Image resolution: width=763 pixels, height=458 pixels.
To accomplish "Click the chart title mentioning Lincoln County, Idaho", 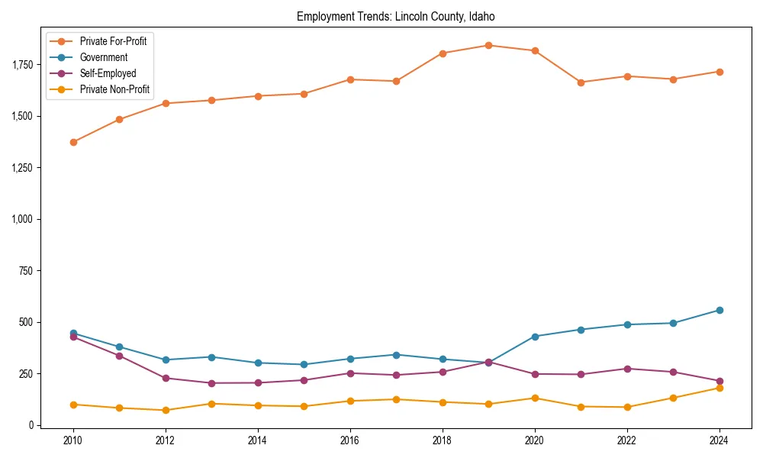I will (x=396, y=16).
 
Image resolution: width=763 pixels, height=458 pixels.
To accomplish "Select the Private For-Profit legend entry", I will (x=113, y=41).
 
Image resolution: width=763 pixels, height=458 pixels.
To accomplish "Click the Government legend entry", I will (x=103, y=57).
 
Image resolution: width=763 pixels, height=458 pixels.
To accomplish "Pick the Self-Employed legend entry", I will (x=108, y=73).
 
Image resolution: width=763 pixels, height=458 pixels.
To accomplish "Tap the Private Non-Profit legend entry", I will (x=114, y=90).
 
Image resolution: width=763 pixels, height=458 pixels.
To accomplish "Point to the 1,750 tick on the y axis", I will (x=24, y=64).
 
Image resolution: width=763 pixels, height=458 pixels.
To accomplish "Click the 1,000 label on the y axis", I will (x=24, y=219).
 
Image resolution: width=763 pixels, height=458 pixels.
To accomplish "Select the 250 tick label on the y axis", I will (x=28, y=374).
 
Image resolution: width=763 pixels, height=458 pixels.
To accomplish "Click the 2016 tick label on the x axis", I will (x=349, y=440).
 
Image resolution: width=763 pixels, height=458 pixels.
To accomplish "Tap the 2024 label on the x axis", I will (x=719, y=440).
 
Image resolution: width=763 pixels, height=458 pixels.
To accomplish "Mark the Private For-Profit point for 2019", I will (x=488, y=45).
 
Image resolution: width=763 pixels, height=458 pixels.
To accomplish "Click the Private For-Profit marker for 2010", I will (x=73, y=142).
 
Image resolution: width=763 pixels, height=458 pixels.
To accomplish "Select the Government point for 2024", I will (x=719, y=310).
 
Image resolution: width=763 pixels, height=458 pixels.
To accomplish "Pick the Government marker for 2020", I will (x=535, y=336).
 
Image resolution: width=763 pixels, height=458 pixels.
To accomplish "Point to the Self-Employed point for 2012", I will (x=166, y=378).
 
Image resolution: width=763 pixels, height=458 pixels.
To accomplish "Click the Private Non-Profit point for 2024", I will (x=719, y=388).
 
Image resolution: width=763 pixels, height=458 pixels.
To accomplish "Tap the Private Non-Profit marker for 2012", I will (x=166, y=410).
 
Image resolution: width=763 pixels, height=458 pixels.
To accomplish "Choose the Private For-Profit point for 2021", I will (x=581, y=82).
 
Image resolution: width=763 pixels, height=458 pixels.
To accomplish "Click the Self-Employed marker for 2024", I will (x=719, y=381).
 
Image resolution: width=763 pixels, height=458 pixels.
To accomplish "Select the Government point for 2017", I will (x=396, y=354).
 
